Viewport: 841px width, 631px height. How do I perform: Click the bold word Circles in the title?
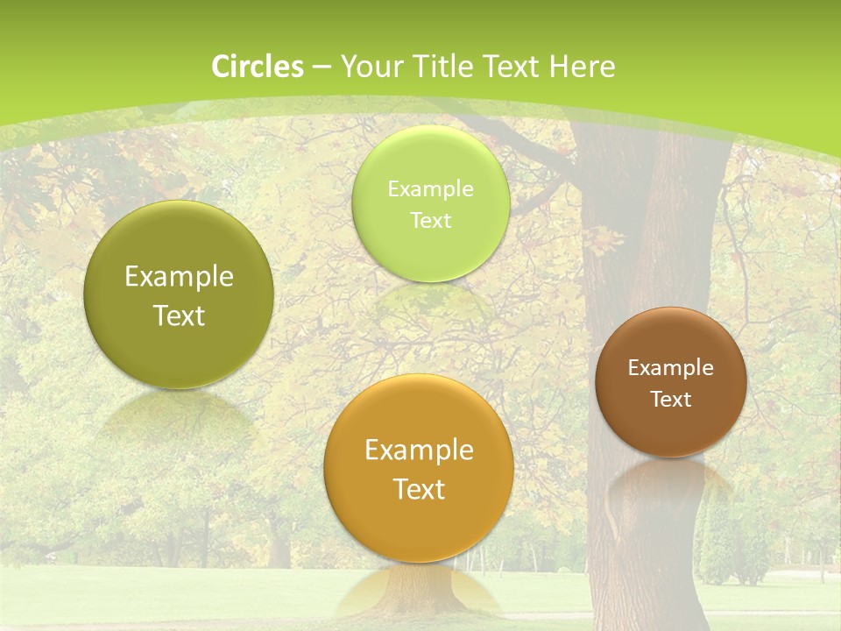point(258,67)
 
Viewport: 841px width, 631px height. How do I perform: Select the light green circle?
point(430,203)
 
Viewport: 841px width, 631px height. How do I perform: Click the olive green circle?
point(179,295)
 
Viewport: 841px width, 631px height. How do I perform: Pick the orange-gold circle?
point(419,469)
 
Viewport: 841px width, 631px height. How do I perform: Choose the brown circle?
point(671,382)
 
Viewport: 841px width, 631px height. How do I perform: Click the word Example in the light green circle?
point(430,188)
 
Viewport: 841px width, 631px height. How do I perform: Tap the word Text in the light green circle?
point(430,220)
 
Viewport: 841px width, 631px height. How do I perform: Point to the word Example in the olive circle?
point(179,277)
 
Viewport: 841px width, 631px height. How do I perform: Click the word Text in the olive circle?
point(179,315)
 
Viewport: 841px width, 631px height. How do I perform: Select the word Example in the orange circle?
point(419,450)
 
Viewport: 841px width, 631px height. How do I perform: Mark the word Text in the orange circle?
point(419,489)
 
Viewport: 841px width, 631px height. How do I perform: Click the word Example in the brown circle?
point(671,367)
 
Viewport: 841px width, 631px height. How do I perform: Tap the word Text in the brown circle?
point(671,400)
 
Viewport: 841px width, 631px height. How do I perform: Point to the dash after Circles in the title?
point(321,67)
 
